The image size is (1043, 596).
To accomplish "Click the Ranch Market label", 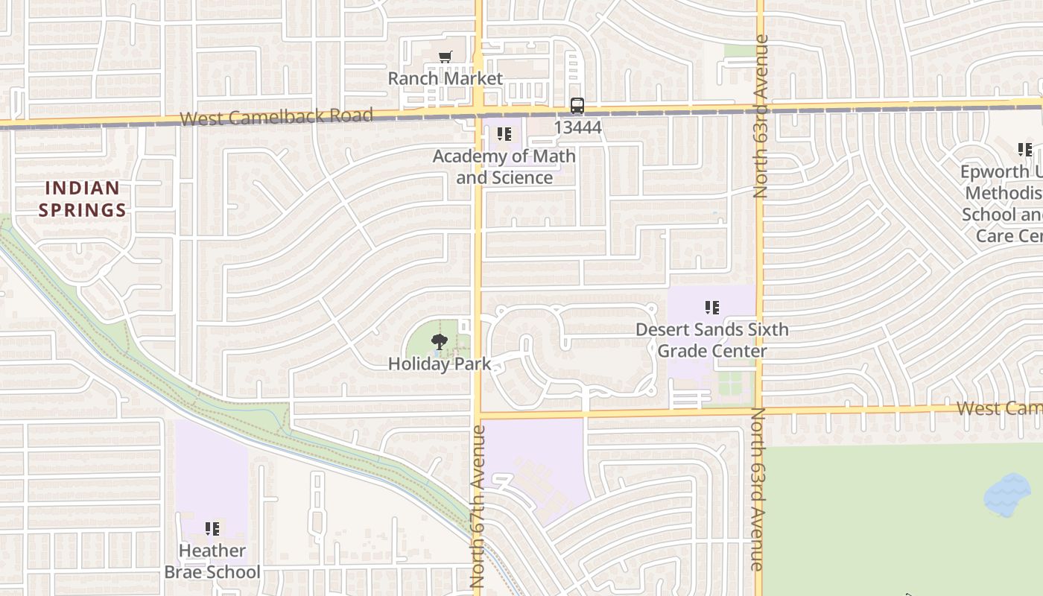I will (x=445, y=78).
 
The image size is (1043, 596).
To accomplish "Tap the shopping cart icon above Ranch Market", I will (x=445, y=57).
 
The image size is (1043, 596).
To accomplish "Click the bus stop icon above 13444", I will (x=577, y=106).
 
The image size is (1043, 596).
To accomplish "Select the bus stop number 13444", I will (x=577, y=127).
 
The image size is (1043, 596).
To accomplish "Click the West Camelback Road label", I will (x=276, y=117).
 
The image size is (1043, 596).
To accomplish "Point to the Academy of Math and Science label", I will (x=504, y=167).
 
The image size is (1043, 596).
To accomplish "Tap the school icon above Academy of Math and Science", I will (x=504, y=134).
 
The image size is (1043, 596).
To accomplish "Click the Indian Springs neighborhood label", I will (x=82, y=199).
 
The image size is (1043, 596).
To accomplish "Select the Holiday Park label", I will (x=440, y=364).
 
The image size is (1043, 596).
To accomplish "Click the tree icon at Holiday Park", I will (x=439, y=342).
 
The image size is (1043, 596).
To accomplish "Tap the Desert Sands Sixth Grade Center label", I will (x=711, y=340).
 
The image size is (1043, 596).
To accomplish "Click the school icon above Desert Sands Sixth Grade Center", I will (x=711, y=307).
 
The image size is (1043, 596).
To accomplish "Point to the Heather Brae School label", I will (x=212, y=561).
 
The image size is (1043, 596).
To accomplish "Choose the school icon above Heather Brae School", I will (x=212, y=529).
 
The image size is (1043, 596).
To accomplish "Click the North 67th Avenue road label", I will (x=478, y=507).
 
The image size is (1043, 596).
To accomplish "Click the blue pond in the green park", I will (x=1007, y=495).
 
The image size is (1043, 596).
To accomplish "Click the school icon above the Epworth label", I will (x=1025, y=150).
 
